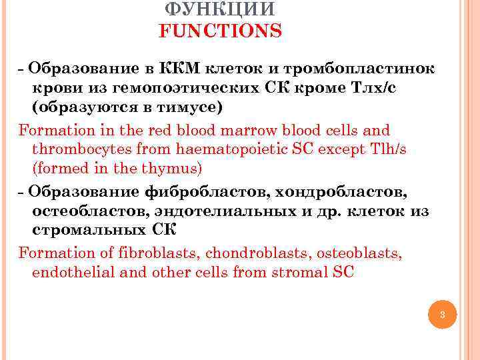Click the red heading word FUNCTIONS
220,31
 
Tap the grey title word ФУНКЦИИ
219,9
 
